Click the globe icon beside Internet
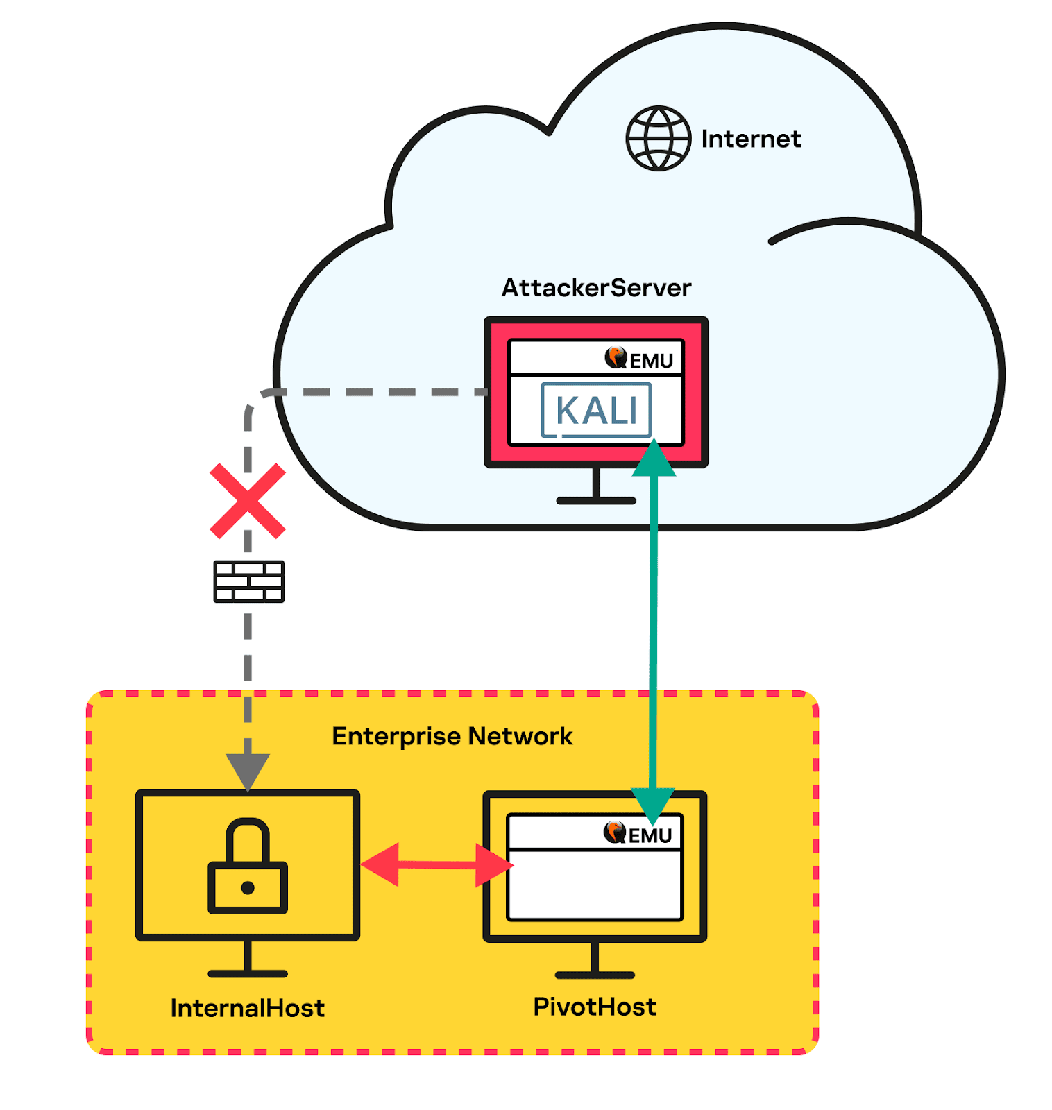point(658,138)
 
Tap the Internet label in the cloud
point(751,139)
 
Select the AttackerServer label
point(596,287)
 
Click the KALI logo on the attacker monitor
point(596,410)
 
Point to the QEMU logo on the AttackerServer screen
point(638,359)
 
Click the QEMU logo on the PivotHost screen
point(638,833)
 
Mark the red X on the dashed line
point(248,501)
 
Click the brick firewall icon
point(248,581)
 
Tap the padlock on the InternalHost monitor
point(248,865)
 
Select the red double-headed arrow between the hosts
point(437,864)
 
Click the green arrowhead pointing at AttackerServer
point(654,457)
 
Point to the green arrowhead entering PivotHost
point(652,806)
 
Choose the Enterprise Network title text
point(452,736)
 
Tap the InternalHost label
point(248,1008)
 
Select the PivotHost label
point(595,1007)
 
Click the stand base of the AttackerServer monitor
point(596,500)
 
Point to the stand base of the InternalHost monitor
point(248,974)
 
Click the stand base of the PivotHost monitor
point(595,975)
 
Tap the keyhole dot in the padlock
point(248,888)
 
